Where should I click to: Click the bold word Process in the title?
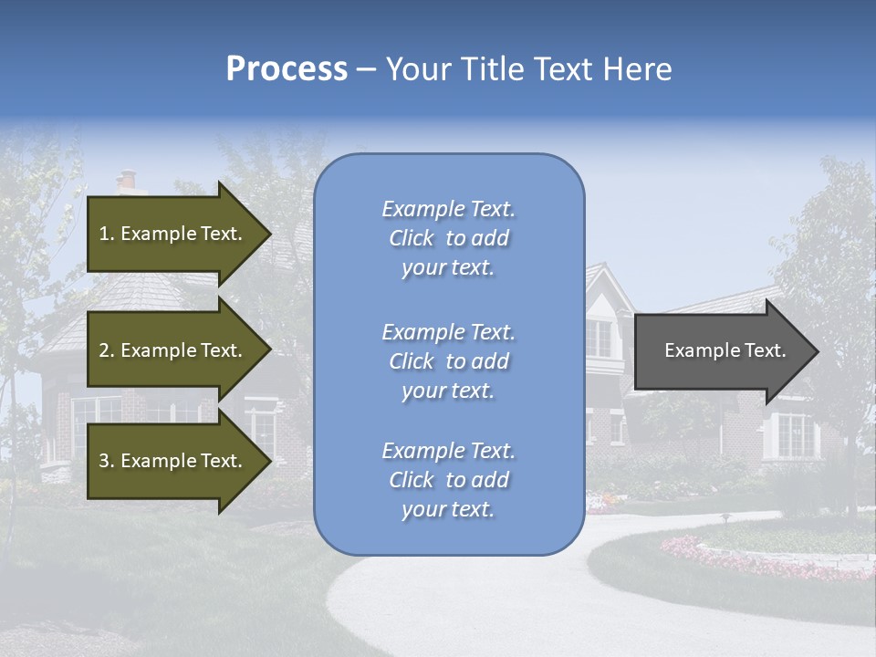point(287,69)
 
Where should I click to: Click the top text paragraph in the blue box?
point(448,238)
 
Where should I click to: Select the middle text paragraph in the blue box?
point(448,361)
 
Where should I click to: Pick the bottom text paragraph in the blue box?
point(448,480)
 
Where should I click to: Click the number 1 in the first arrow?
point(104,234)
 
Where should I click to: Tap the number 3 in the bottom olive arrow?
point(104,461)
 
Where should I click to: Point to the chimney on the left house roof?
point(127,181)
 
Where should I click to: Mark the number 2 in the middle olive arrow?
point(104,350)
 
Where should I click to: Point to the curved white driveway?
point(511,602)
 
